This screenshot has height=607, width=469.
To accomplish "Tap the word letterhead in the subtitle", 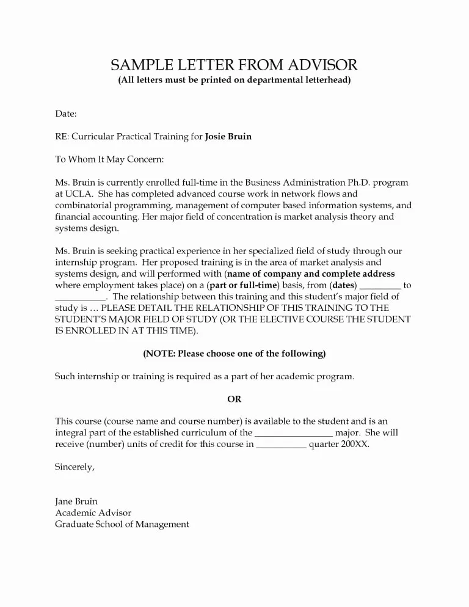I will pyautogui.click(x=324, y=81).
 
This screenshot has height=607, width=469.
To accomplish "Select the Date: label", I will pyautogui.click(x=65, y=114).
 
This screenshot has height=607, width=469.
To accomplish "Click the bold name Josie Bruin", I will pyautogui.click(x=228, y=137).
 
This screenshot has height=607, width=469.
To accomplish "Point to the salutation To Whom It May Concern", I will pyautogui.click(x=109, y=159).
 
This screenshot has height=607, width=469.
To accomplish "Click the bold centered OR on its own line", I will pyautogui.click(x=234, y=399).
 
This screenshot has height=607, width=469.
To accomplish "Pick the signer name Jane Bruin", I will pyautogui.click(x=76, y=501).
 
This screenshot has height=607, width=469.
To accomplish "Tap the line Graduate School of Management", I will pyautogui.click(x=122, y=524).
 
